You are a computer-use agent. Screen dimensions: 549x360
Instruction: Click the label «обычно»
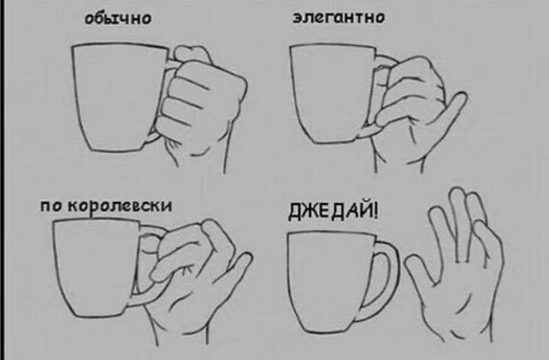tap(118, 18)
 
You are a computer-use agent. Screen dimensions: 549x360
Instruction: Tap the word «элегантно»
tap(339, 17)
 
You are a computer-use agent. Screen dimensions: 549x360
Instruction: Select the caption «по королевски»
tap(106, 206)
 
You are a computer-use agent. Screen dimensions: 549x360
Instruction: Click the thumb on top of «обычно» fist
tap(193, 54)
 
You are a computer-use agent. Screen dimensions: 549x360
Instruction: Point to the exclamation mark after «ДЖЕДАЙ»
tap(376, 211)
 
